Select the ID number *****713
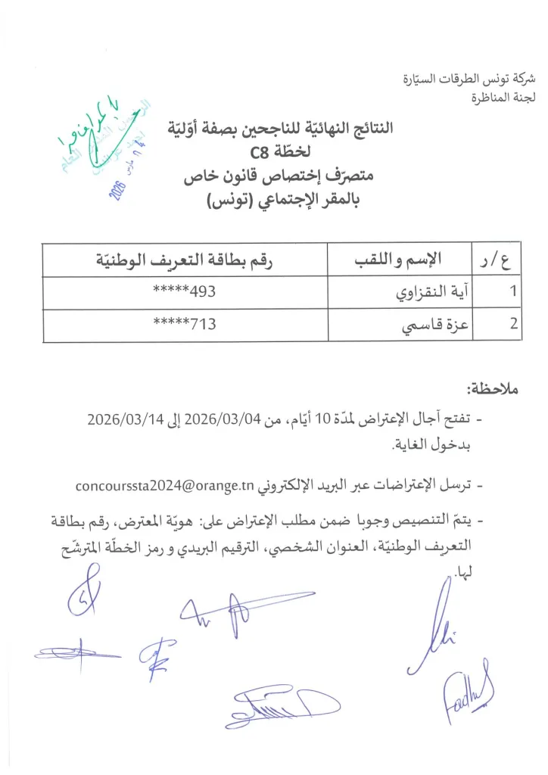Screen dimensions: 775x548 (185, 325)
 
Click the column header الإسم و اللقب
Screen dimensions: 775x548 (398, 261)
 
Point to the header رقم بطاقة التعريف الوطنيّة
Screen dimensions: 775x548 (184, 261)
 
